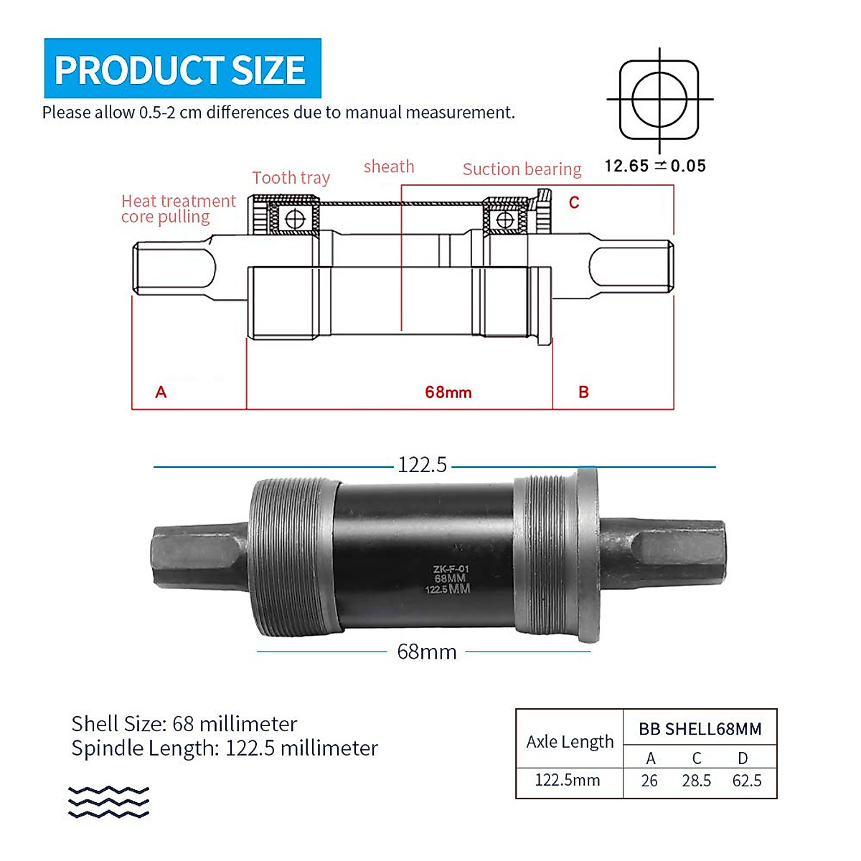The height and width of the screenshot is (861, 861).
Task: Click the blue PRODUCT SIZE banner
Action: pos(182,69)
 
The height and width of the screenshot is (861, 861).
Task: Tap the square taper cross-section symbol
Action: pos(659,99)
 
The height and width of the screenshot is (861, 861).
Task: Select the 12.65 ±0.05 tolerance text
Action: pos(655,166)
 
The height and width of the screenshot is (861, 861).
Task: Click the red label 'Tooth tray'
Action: pos(291,178)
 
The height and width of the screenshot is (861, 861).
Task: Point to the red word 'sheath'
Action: pos(389,166)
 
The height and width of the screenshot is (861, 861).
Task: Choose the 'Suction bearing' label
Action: pos(522,169)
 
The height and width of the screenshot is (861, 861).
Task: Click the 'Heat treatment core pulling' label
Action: pos(178,209)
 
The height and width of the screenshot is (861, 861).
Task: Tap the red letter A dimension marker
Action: pos(161,392)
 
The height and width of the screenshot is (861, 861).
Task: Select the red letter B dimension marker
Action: pos(583,392)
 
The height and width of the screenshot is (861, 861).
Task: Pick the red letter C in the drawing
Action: pos(574,202)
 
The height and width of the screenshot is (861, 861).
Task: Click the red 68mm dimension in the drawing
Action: pos(448,392)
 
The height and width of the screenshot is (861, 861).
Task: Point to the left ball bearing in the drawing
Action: pos(295,219)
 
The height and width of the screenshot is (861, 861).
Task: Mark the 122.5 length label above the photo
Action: pos(422,465)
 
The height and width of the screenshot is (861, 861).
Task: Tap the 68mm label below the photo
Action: pos(427,651)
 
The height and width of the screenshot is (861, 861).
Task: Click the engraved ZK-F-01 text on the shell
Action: pos(451,569)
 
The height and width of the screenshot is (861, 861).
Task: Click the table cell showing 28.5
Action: pos(696,781)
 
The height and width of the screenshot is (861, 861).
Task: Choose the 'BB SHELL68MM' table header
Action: pos(700,729)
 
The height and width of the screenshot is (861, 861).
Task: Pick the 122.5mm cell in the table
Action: pos(568,780)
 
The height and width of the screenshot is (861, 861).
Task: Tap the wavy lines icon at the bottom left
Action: pos(108,802)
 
